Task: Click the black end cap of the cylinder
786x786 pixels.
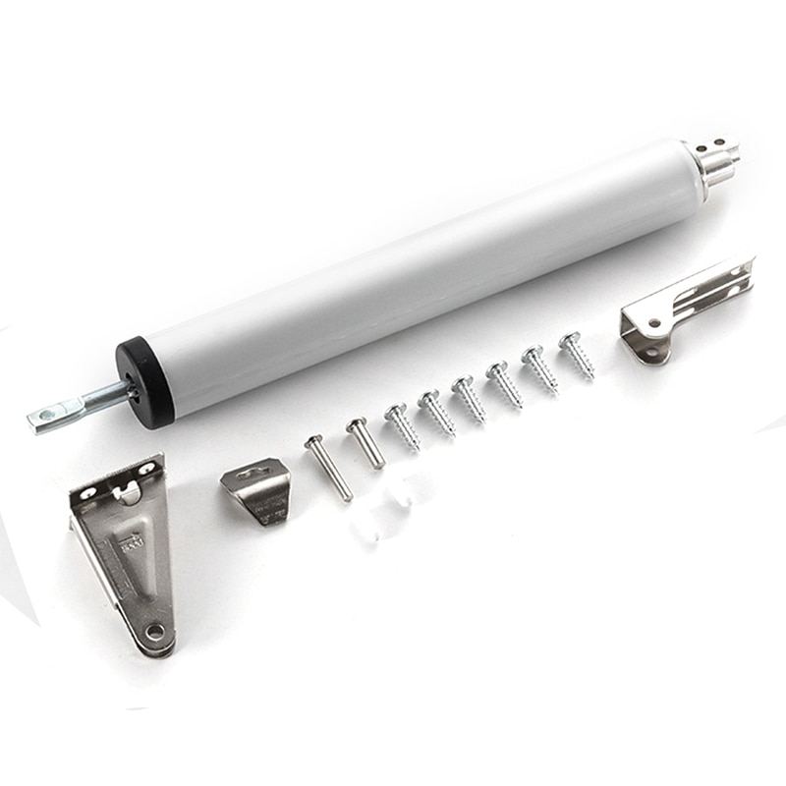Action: point(145,381)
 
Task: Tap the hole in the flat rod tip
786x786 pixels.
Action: point(46,417)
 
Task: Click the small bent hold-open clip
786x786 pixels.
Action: point(257,491)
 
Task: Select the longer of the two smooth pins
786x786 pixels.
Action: point(327,467)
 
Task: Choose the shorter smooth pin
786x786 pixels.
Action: point(365,442)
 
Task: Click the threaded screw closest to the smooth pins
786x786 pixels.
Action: point(402,426)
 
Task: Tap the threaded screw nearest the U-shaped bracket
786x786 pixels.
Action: point(577,355)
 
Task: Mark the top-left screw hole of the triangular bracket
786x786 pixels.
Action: point(89,491)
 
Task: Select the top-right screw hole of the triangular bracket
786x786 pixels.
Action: point(150,469)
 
